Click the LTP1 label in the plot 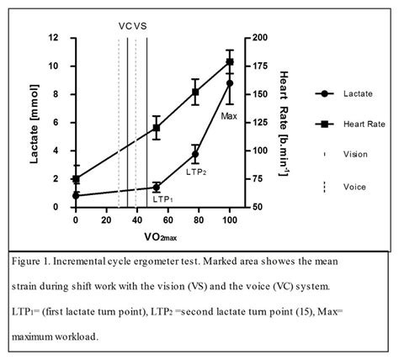(x=162, y=199)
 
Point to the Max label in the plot (x=229, y=114)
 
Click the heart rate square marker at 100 (x=230, y=61)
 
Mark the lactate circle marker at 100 (x=230, y=82)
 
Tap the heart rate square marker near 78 (x=195, y=92)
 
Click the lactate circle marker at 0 (x=76, y=195)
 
